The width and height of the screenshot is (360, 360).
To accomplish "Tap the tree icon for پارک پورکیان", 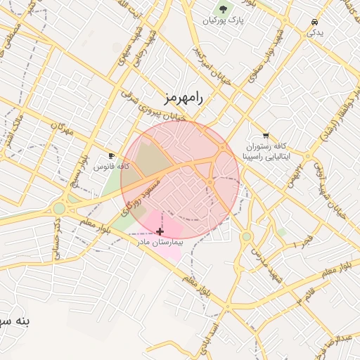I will (223, 10).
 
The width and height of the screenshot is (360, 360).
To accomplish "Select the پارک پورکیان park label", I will (223, 22).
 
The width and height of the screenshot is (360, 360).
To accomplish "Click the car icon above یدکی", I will (312, 21).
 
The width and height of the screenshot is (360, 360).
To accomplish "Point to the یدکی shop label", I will (316, 32).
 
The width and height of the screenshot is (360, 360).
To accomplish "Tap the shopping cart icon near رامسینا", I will (265, 135).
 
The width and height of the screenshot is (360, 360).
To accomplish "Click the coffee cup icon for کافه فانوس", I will (111, 155).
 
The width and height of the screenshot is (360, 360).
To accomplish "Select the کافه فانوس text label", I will (113, 167).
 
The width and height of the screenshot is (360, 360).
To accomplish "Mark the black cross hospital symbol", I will (160, 231).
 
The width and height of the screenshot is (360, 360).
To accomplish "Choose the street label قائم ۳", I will (311, 295).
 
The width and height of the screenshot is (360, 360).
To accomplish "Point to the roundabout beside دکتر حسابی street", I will (59, 208).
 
